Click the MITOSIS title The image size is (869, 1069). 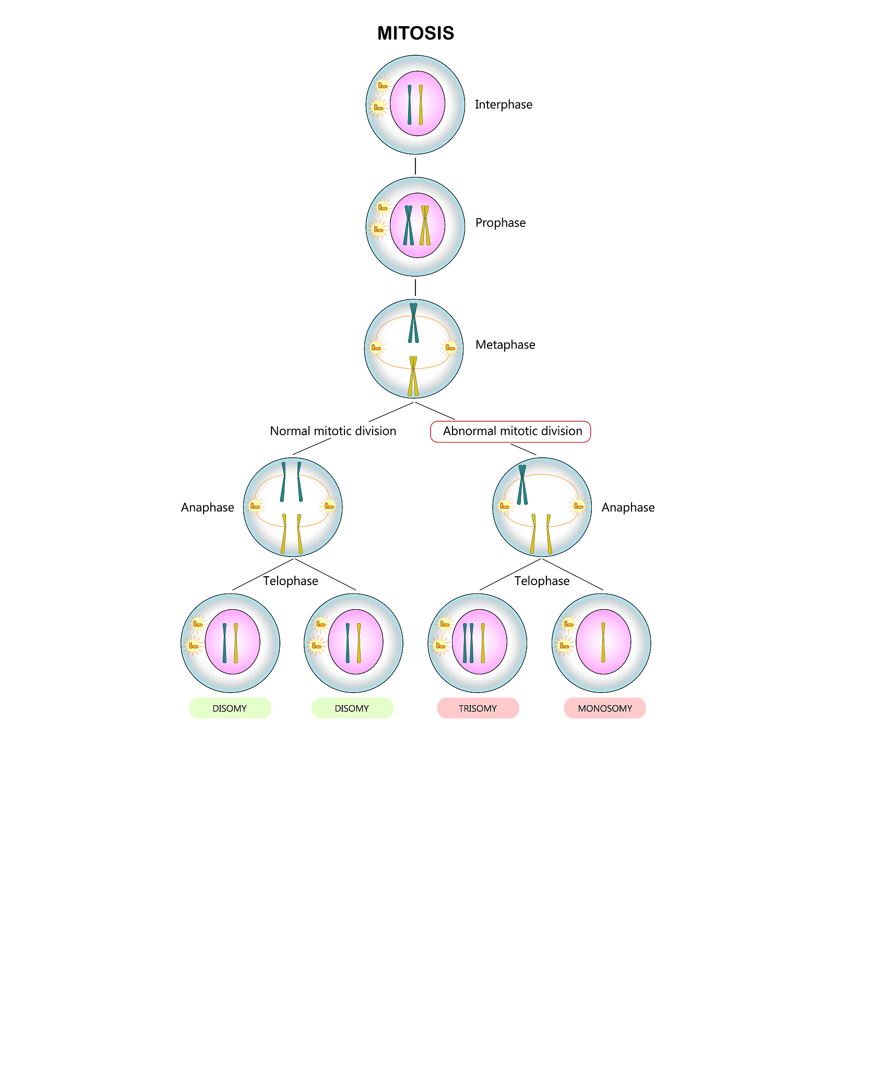[415, 33]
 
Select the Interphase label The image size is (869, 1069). [503, 104]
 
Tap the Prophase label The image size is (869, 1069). [500, 223]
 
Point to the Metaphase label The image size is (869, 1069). [505, 345]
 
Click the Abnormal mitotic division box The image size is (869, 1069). [510, 431]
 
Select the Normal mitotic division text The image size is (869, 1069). [332, 431]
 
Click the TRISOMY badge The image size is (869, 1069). [478, 708]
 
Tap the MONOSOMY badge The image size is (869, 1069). [604, 708]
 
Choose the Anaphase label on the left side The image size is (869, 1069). [207, 507]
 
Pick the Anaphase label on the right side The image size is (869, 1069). [627, 507]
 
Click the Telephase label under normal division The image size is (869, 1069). [290, 581]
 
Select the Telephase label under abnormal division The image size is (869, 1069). [542, 581]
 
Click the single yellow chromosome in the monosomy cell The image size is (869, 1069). [603, 642]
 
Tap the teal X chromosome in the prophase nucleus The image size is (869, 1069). [408, 225]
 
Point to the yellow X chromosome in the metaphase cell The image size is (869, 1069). [413, 376]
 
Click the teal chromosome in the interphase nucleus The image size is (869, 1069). [410, 104]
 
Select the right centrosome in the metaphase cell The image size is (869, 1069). [450, 347]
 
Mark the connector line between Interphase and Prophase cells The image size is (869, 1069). [415, 166]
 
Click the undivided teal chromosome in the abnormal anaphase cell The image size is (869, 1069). [522, 484]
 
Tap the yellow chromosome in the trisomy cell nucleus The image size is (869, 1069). [483, 643]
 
